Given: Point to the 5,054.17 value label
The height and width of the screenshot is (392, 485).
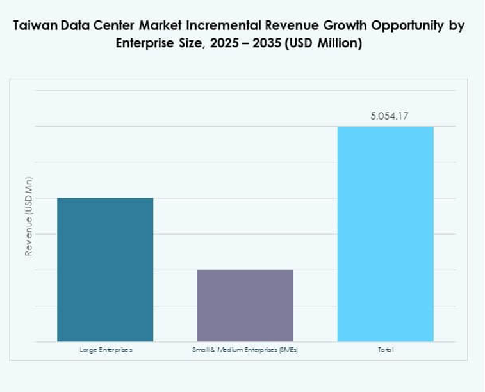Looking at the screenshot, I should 385,116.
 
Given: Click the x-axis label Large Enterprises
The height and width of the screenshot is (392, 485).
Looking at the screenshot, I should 106,350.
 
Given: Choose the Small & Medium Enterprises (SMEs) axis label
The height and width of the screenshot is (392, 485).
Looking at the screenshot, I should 245,350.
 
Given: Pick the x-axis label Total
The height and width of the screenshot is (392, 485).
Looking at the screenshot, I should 385,350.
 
